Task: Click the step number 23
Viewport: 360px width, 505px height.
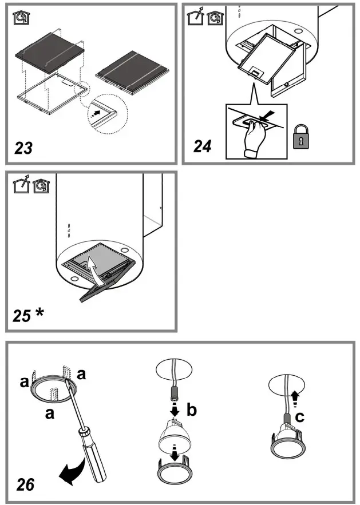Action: point(24,148)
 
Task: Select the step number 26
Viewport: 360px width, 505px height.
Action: point(25,484)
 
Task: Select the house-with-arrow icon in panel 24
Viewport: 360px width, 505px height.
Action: point(195,18)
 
